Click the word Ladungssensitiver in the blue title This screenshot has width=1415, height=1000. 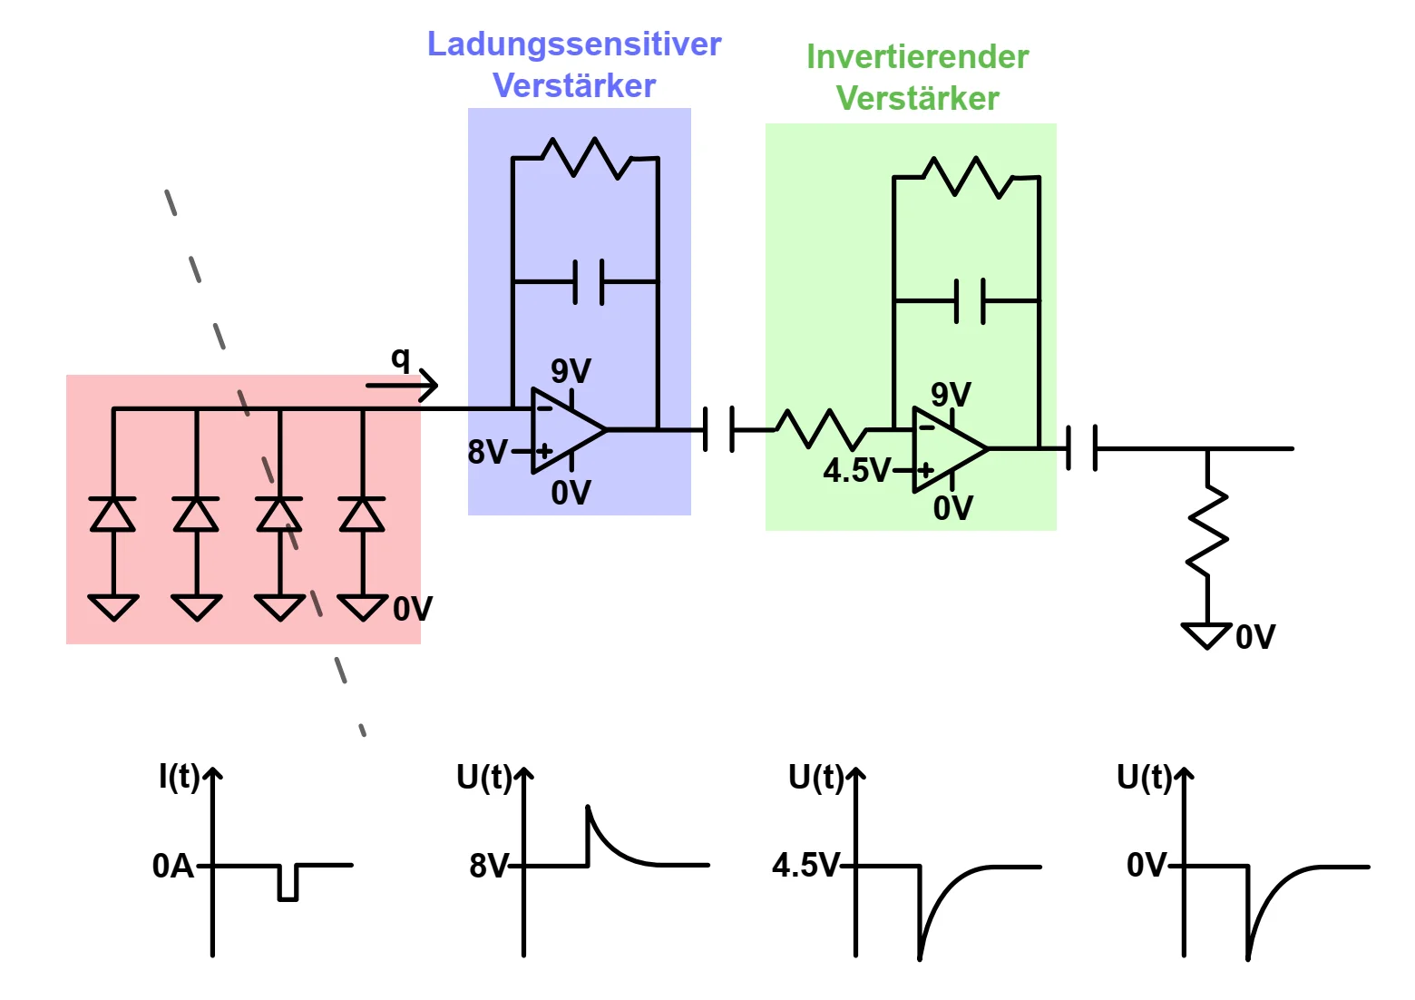click(573, 44)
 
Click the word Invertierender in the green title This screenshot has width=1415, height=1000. click(917, 56)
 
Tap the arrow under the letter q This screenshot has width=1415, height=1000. click(402, 386)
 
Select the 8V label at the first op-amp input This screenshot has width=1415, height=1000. click(487, 451)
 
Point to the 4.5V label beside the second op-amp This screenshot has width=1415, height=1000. click(856, 470)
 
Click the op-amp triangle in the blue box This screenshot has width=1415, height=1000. click(565, 430)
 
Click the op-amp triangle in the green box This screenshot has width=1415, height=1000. click(946, 449)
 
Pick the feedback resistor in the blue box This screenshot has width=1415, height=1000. click(585, 158)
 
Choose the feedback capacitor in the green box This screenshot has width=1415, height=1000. click(970, 300)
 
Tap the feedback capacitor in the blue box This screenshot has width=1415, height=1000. click(589, 281)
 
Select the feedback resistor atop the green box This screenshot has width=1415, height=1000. click(967, 177)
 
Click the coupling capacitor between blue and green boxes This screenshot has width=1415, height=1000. click(718, 429)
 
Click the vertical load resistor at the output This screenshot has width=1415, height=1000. click(1207, 530)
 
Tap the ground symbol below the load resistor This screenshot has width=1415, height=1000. click(1207, 635)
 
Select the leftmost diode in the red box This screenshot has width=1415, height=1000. click(113, 515)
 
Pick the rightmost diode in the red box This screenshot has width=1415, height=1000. click(362, 515)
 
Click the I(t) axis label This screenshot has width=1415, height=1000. click(179, 776)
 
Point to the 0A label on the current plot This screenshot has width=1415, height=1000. click(172, 866)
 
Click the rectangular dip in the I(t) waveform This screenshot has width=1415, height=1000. click(288, 883)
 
